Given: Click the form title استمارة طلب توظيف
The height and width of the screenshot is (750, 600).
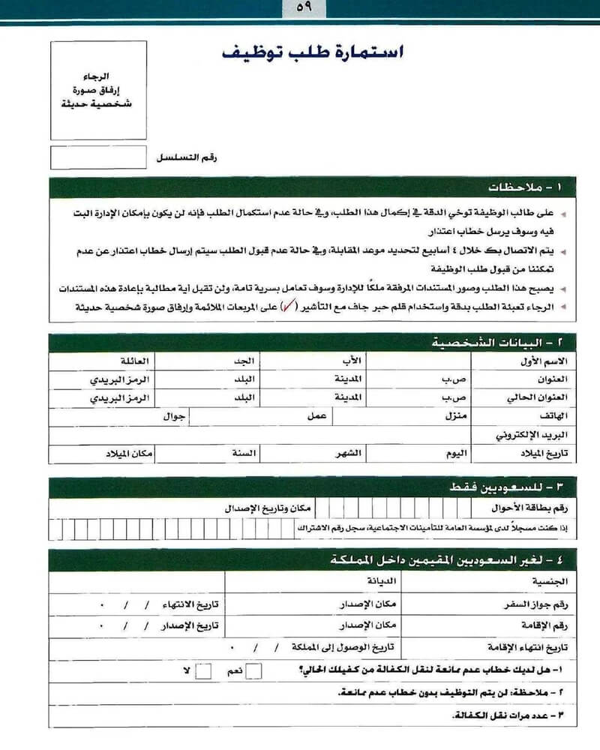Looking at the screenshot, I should (x=313, y=53).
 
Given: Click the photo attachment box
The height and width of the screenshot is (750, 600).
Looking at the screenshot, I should (x=98, y=90).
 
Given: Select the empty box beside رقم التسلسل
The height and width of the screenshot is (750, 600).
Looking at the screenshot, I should (x=98, y=157).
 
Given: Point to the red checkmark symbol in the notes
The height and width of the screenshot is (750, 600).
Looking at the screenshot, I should (x=287, y=307).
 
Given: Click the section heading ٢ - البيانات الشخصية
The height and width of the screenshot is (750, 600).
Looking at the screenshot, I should (x=496, y=343).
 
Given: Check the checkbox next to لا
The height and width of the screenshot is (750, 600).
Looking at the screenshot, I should (x=203, y=670).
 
